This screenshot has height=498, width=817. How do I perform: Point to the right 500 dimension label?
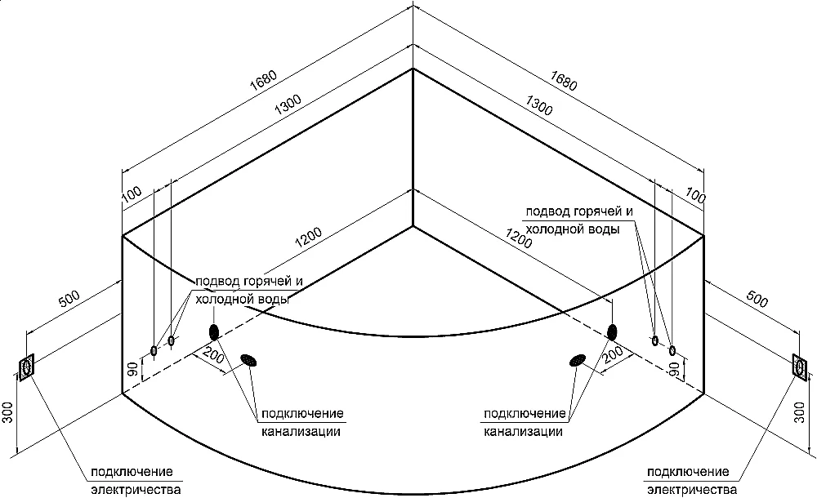757,300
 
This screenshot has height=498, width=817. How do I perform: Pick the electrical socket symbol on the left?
27,367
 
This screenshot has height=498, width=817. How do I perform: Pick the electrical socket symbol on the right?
798,365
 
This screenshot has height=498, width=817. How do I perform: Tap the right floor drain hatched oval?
578,360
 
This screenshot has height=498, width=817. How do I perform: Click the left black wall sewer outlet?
214,331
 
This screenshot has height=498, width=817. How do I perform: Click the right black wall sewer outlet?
612,331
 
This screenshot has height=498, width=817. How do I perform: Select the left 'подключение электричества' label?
135,481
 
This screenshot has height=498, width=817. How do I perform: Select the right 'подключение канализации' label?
525,422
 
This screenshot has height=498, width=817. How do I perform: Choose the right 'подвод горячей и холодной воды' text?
579,220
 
